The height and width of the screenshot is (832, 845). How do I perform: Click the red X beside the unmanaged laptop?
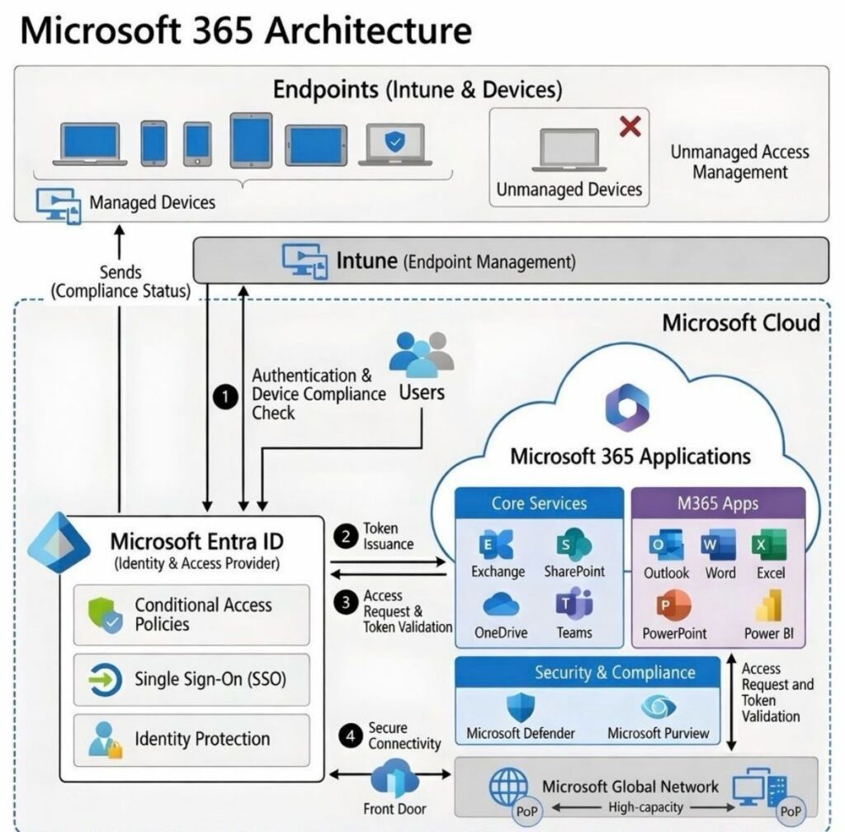pyautogui.click(x=630, y=126)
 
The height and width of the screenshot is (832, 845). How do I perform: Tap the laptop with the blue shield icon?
pyautogui.click(x=395, y=144)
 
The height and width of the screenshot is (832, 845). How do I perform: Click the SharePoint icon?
pyautogui.click(x=574, y=545)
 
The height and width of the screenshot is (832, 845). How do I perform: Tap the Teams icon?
pyautogui.click(x=574, y=605)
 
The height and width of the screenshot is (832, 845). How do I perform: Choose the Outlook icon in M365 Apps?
pyautogui.click(x=665, y=546)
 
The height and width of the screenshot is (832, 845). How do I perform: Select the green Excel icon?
pyautogui.click(x=768, y=546)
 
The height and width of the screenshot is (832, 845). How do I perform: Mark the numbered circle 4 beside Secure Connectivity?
pyautogui.click(x=352, y=736)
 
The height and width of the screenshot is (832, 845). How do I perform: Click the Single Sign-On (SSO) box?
pyautogui.click(x=191, y=678)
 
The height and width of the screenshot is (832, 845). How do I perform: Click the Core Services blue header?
pyautogui.click(x=539, y=503)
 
